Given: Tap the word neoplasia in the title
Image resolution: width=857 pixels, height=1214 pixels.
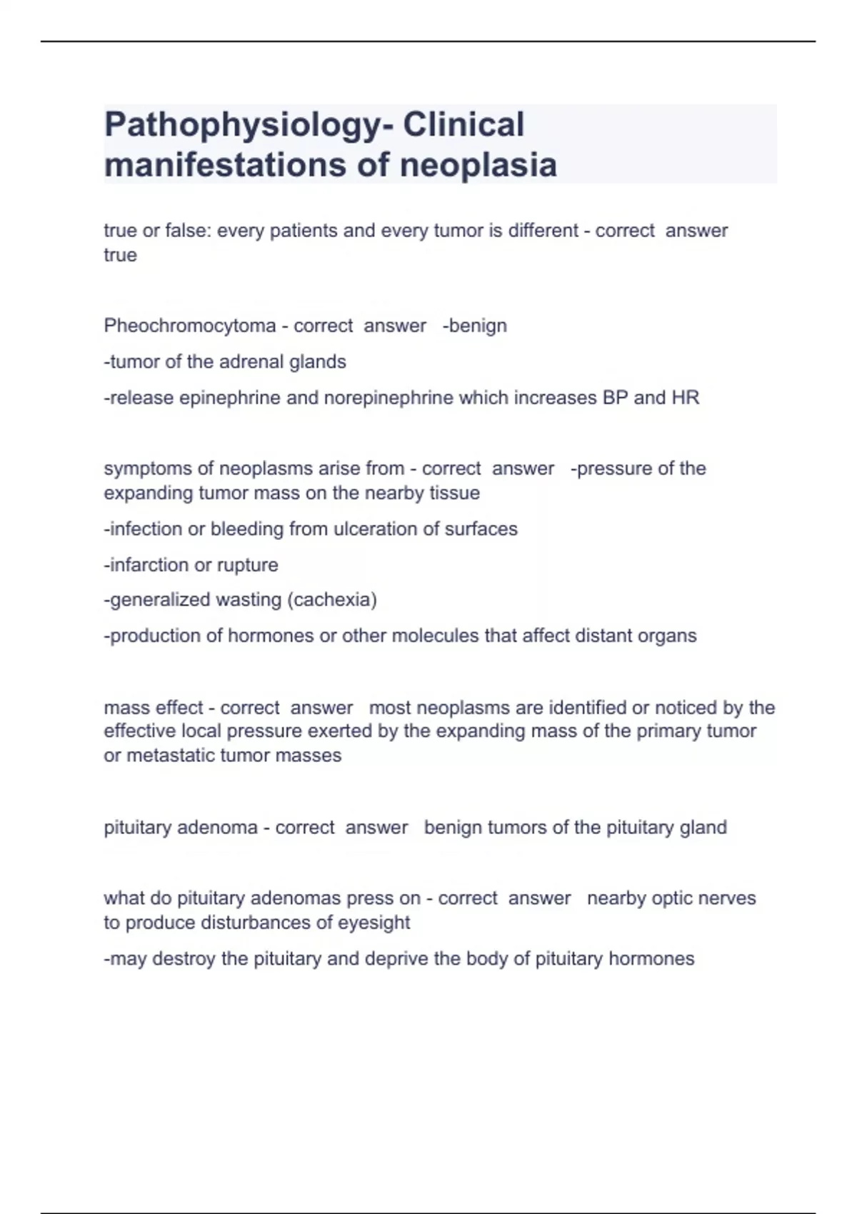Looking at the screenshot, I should click(x=478, y=166).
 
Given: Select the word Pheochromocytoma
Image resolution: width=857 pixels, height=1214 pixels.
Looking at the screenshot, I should click(x=189, y=326).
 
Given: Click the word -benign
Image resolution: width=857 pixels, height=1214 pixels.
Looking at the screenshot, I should click(x=474, y=326).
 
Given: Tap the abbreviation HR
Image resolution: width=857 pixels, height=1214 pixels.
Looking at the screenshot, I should click(x=686, y=398).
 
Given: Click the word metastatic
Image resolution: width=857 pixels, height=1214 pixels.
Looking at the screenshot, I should click(x=171, y=756).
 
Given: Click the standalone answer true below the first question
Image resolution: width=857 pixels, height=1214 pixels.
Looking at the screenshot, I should click(x=120, y=255).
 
